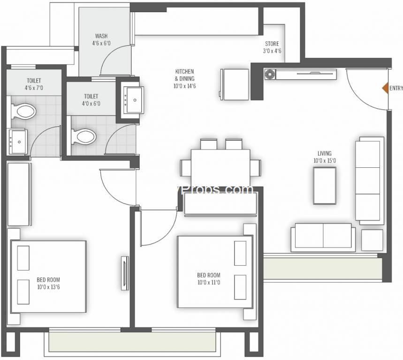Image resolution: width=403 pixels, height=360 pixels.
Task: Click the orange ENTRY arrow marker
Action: [x=385, y=88]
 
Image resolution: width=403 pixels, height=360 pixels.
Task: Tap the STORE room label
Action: [x=272, y=44]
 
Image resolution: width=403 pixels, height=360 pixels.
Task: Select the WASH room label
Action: [x=101, y=36]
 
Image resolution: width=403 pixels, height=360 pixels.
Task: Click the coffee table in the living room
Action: [x=325, y=185]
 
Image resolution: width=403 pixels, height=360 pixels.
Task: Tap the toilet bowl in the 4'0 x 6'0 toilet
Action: [x=84, y=136]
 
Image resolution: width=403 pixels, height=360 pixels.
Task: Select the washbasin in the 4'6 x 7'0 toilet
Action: [x=18, y=140]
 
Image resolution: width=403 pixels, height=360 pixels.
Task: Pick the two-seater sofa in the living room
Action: [x=322, y=237]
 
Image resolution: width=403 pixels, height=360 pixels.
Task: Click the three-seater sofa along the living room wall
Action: [x=370, y=180]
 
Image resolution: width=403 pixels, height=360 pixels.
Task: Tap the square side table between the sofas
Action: [x=372, y=240]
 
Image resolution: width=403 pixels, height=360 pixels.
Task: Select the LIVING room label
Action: [x=324, y=153]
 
